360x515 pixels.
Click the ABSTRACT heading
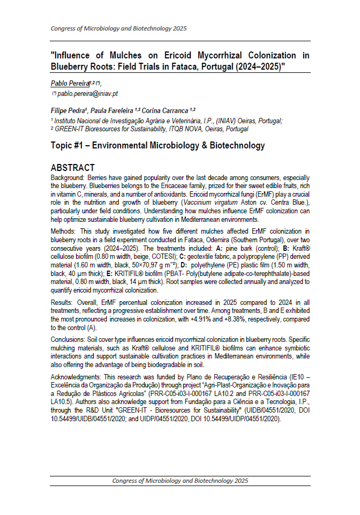(72, 168)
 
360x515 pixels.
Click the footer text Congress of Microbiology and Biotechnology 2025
(180, 481)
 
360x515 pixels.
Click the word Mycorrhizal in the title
(217, 55)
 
